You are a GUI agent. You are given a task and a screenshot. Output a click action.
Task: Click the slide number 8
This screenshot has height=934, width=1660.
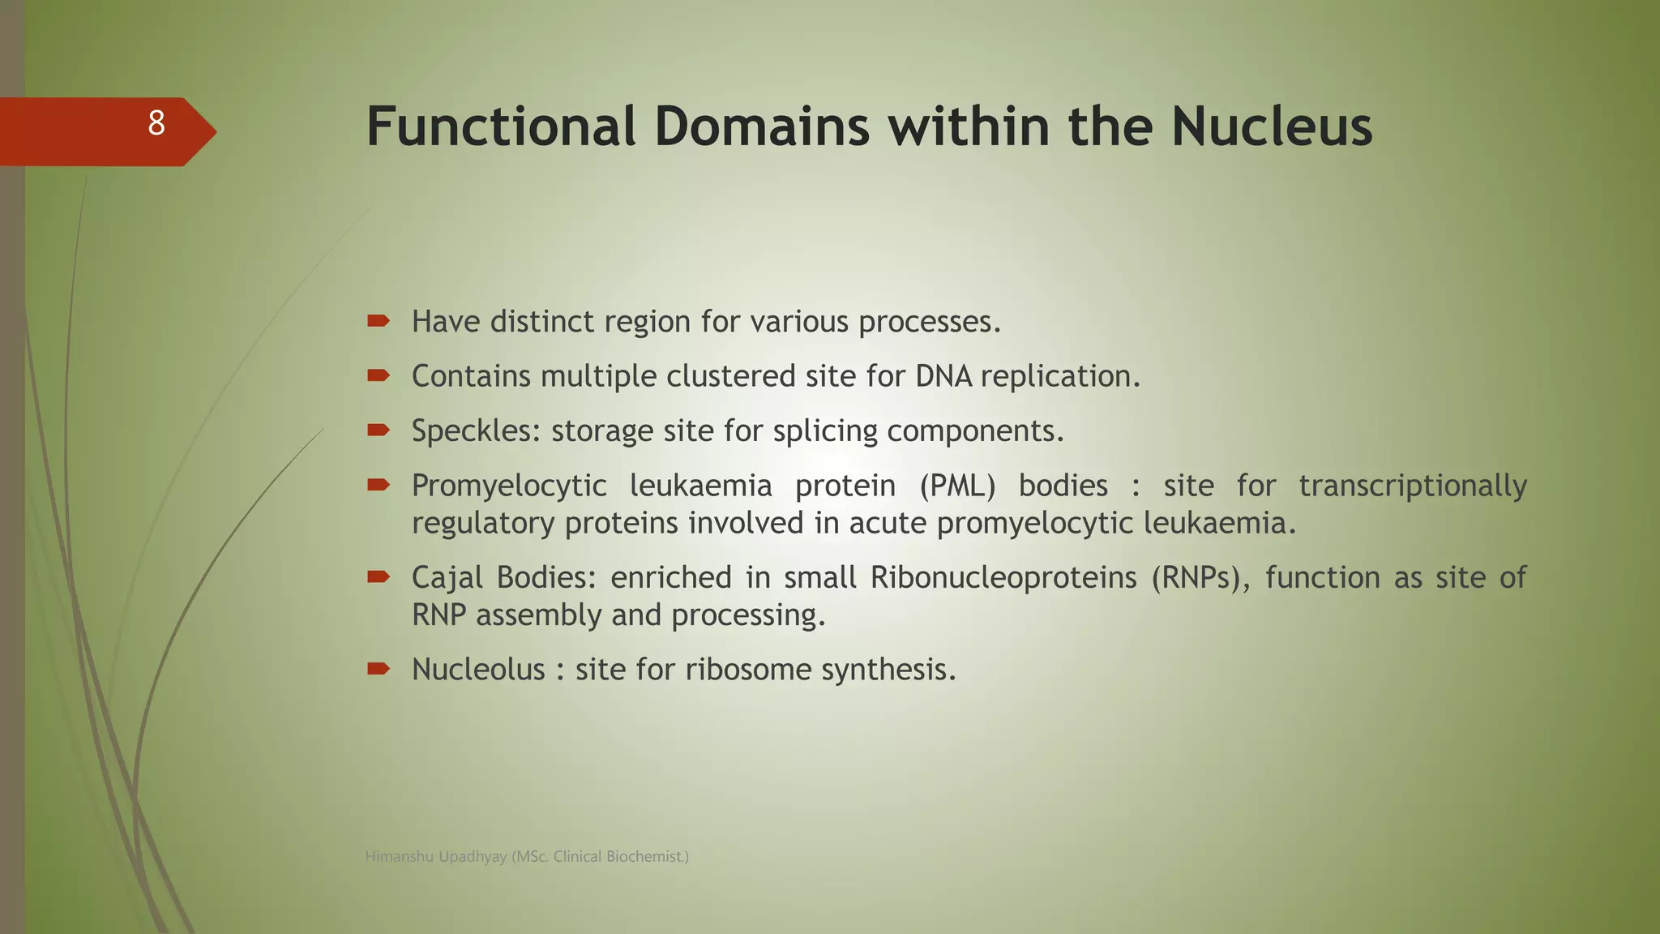[x=156, y=124]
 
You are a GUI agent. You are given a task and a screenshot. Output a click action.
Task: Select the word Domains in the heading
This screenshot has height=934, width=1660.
[x=761, y=127]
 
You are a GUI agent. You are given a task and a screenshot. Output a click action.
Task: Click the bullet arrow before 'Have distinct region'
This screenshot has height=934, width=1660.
[x=378, y=321]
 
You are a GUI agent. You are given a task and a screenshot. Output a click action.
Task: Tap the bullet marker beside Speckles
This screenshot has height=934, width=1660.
[x=378, y=430]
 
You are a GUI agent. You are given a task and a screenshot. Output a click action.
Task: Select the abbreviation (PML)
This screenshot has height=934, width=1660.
[x=957, y=486]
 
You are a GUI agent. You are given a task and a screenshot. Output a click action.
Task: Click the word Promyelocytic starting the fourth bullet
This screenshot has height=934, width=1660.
[x=509, y=486]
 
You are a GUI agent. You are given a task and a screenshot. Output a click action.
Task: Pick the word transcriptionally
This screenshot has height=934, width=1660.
[x=1413, y=486]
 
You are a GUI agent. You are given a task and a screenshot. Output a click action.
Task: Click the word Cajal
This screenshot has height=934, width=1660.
[x=447, y=578]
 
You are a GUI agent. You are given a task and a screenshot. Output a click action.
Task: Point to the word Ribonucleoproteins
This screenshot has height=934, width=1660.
[x=1003, y=578]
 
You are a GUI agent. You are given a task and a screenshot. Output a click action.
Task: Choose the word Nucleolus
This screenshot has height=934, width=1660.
[x=478, y=670]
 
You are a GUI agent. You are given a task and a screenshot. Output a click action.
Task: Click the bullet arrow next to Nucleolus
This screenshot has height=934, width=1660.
[x=378, y=669]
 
